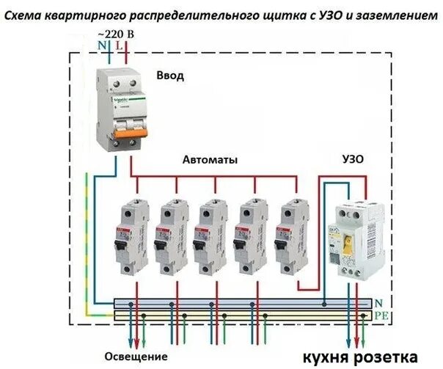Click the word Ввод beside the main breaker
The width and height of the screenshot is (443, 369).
point(169,76)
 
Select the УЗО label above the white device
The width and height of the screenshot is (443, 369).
point(353,159)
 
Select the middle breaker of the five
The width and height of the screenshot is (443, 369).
point(210,234)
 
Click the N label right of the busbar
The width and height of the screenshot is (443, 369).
point(378,302)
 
